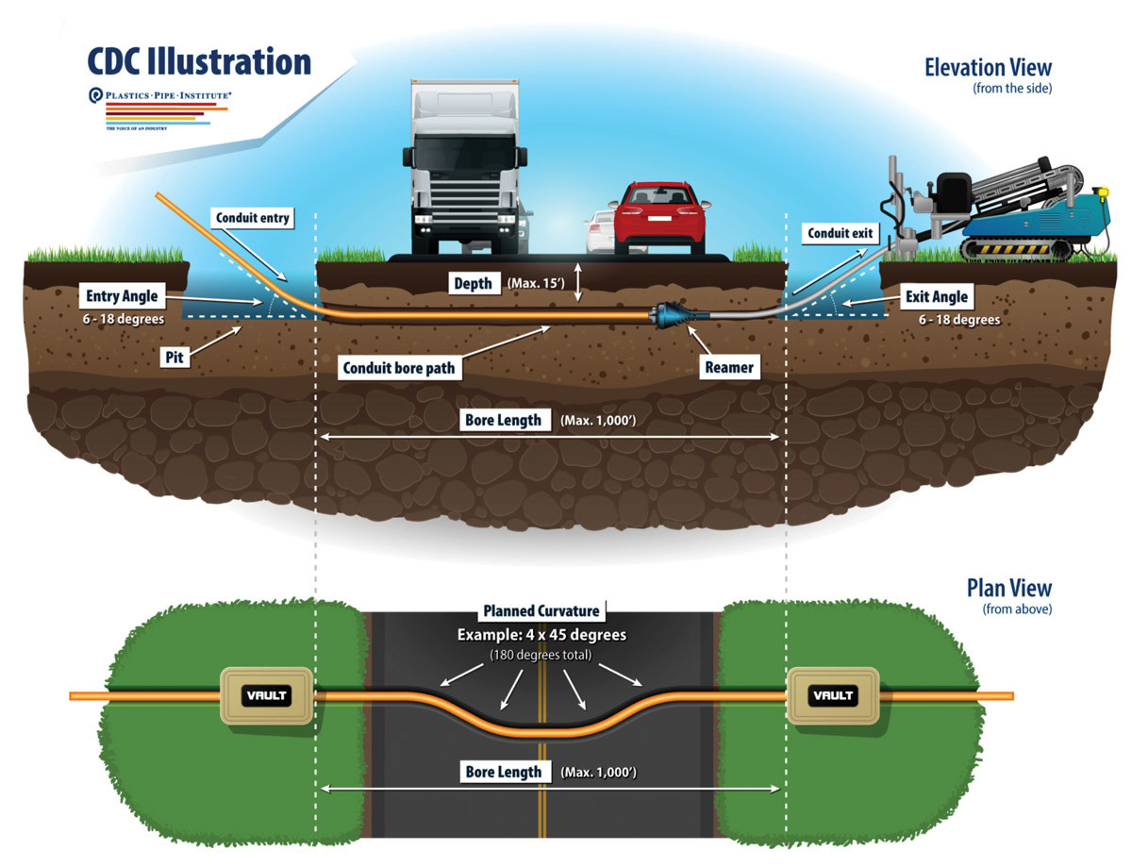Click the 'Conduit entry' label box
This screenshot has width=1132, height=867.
pyautogui.click(x=252, y=219)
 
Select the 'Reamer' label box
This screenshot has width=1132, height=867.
pyautogui.click(x=727, y=367)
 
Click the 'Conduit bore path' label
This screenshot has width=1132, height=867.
pyautogui.click(x=402, y=367)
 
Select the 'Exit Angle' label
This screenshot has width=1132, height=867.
pyautogui.click(x=937, y=297)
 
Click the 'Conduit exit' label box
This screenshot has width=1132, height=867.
pyautogui.click(x=839, y=233)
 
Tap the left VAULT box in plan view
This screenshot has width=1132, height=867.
pyautogui.click(x=265, y=696)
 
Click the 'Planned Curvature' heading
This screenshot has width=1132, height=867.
pyautogui.click(x=541, y=610)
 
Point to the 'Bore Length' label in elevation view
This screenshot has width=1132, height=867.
pyautogui.click(x=504, y=420)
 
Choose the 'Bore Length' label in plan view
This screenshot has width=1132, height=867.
pyautogui.click(x=504, y=772)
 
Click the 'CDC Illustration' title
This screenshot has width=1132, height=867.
pyautogui.click(x=199, y=61)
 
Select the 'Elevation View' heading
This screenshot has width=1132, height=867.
pyautogui.click(x=987, y=68)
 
